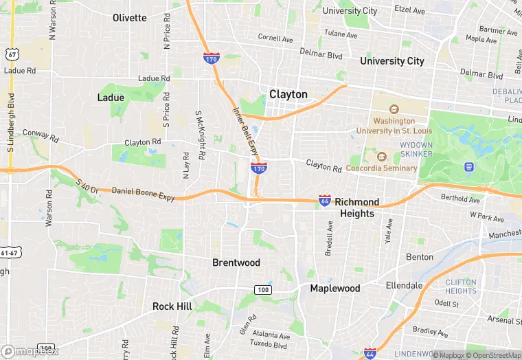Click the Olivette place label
point(130,18)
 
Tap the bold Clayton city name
point(288,94)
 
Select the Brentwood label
point(236,262)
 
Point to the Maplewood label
point(334,288)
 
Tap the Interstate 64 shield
point(325,201)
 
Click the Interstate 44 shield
point(370,352)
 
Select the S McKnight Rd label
point(200,135)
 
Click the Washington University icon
point(394,110)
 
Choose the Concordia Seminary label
point(381,168)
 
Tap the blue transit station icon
point(469,166)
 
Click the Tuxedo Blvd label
point(269,343)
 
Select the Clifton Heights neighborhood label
point(461,286)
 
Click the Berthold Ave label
point(460,199)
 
